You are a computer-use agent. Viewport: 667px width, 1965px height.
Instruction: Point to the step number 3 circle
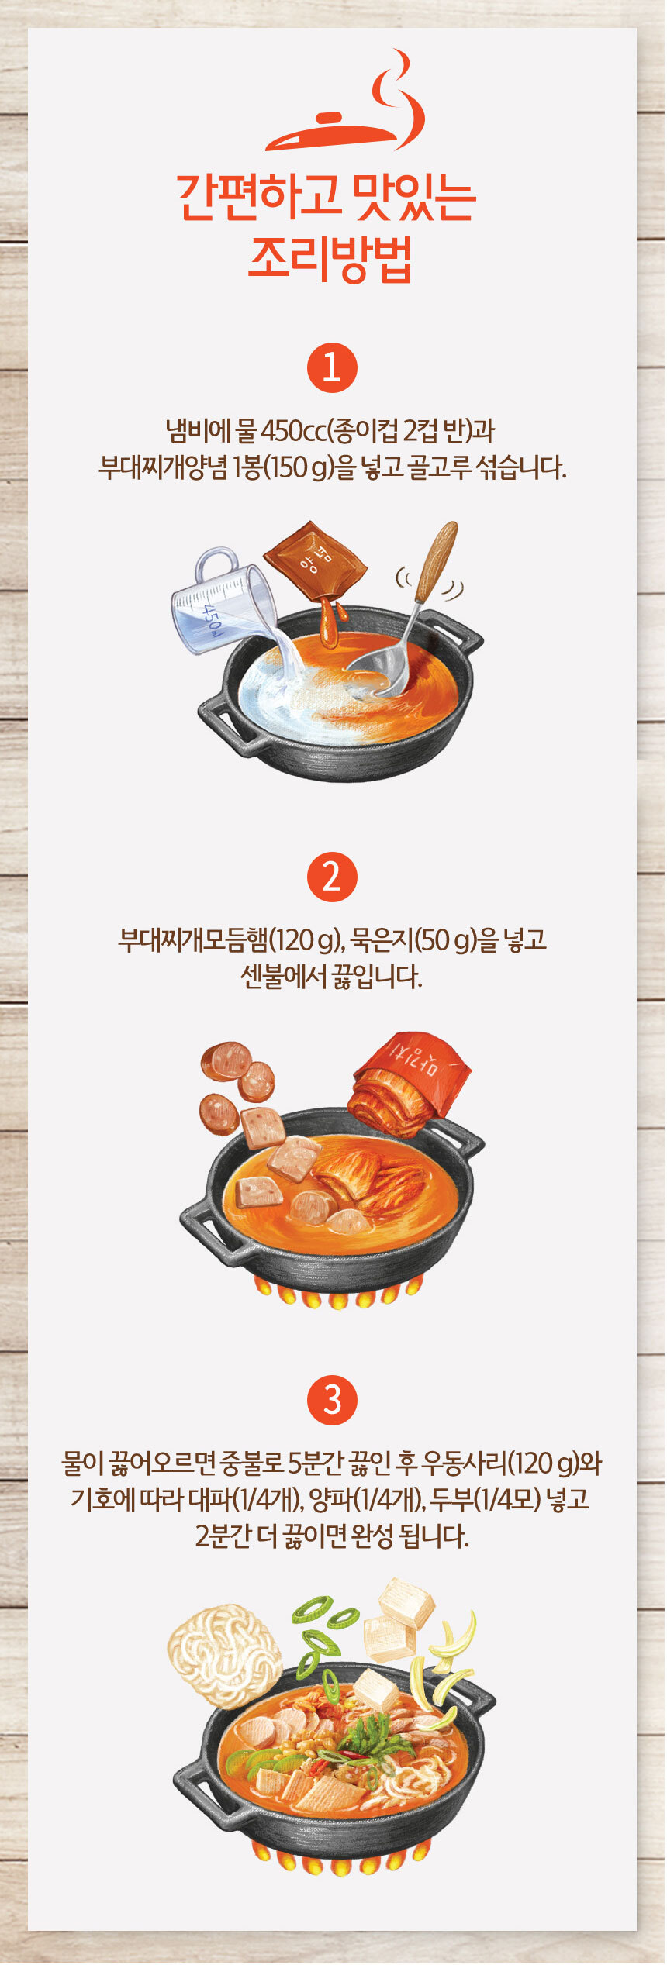pyautogui.click(x=332, y=1400)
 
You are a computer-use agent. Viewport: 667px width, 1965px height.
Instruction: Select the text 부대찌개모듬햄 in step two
pyautogui.click(x=193, y=939)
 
